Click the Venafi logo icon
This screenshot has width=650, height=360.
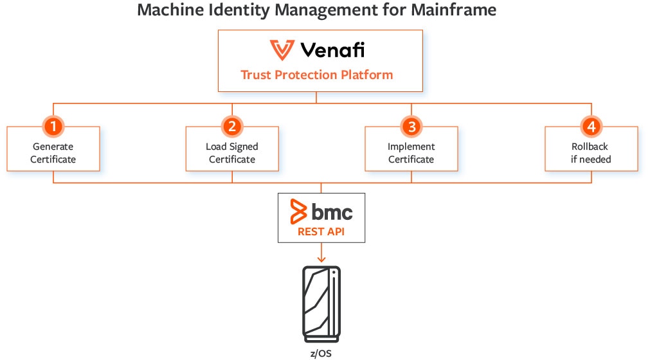(282, 50)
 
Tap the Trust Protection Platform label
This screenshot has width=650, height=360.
(316, 75)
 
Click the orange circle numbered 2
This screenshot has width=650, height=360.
(232, 125)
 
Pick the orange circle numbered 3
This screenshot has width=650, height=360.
(411, 125)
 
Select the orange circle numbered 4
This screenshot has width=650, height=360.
(590, 125)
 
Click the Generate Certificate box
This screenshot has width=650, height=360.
(53, 153)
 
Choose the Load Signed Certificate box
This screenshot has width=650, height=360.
(232, 153)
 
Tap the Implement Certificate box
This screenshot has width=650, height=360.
(411, 153)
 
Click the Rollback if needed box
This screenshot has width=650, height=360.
(591, 153)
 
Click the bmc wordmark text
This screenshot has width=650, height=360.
(332, 212)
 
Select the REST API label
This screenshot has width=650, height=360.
(321, 231)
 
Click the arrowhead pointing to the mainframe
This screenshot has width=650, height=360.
(321, 259)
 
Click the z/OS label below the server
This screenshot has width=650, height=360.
(321, 353)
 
